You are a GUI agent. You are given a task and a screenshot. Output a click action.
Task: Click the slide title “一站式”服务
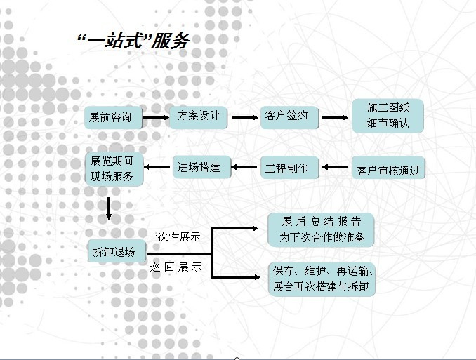pos(133,41)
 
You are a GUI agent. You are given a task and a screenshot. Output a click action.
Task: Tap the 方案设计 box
pos(199,116)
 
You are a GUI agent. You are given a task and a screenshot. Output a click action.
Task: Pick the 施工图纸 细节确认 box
pos(388,116)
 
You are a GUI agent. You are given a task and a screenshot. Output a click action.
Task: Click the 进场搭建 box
pos(199,168)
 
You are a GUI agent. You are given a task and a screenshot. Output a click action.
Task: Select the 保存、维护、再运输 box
pos(323,279)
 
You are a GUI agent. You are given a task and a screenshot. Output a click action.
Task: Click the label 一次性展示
pos(174,236)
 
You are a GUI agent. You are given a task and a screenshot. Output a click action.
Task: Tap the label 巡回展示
pos(175,267)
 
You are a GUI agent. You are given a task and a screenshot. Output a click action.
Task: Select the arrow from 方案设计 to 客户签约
pos(244,117)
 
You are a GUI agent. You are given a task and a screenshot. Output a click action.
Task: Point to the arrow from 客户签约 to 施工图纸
pos(335,117)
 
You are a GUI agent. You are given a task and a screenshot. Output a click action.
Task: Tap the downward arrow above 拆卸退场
pos(109,208)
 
